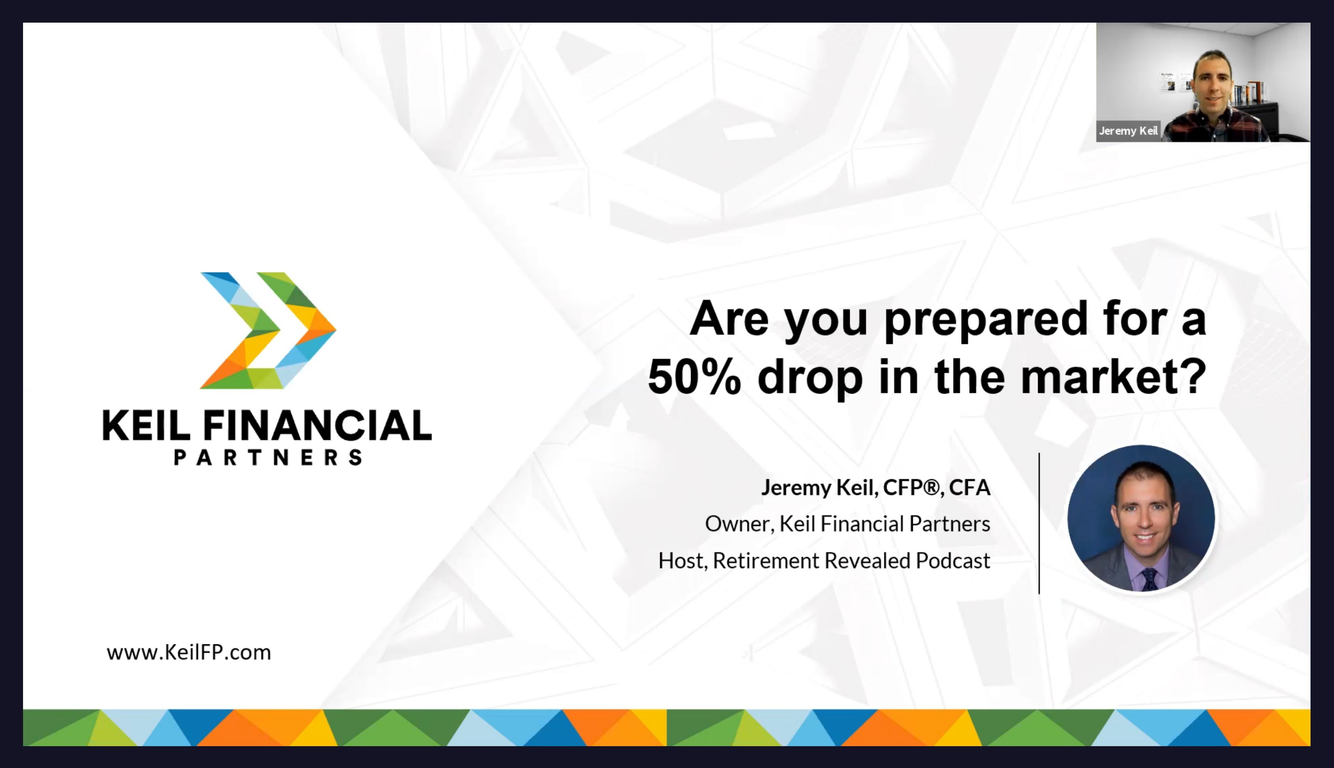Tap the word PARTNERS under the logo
268,457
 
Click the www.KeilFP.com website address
189,652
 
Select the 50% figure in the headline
694,377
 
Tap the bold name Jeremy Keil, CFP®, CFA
876,487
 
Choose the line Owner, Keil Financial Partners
848,524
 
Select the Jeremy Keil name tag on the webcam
1128,131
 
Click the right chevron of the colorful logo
296,331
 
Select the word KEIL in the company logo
146,425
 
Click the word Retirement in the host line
765,561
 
